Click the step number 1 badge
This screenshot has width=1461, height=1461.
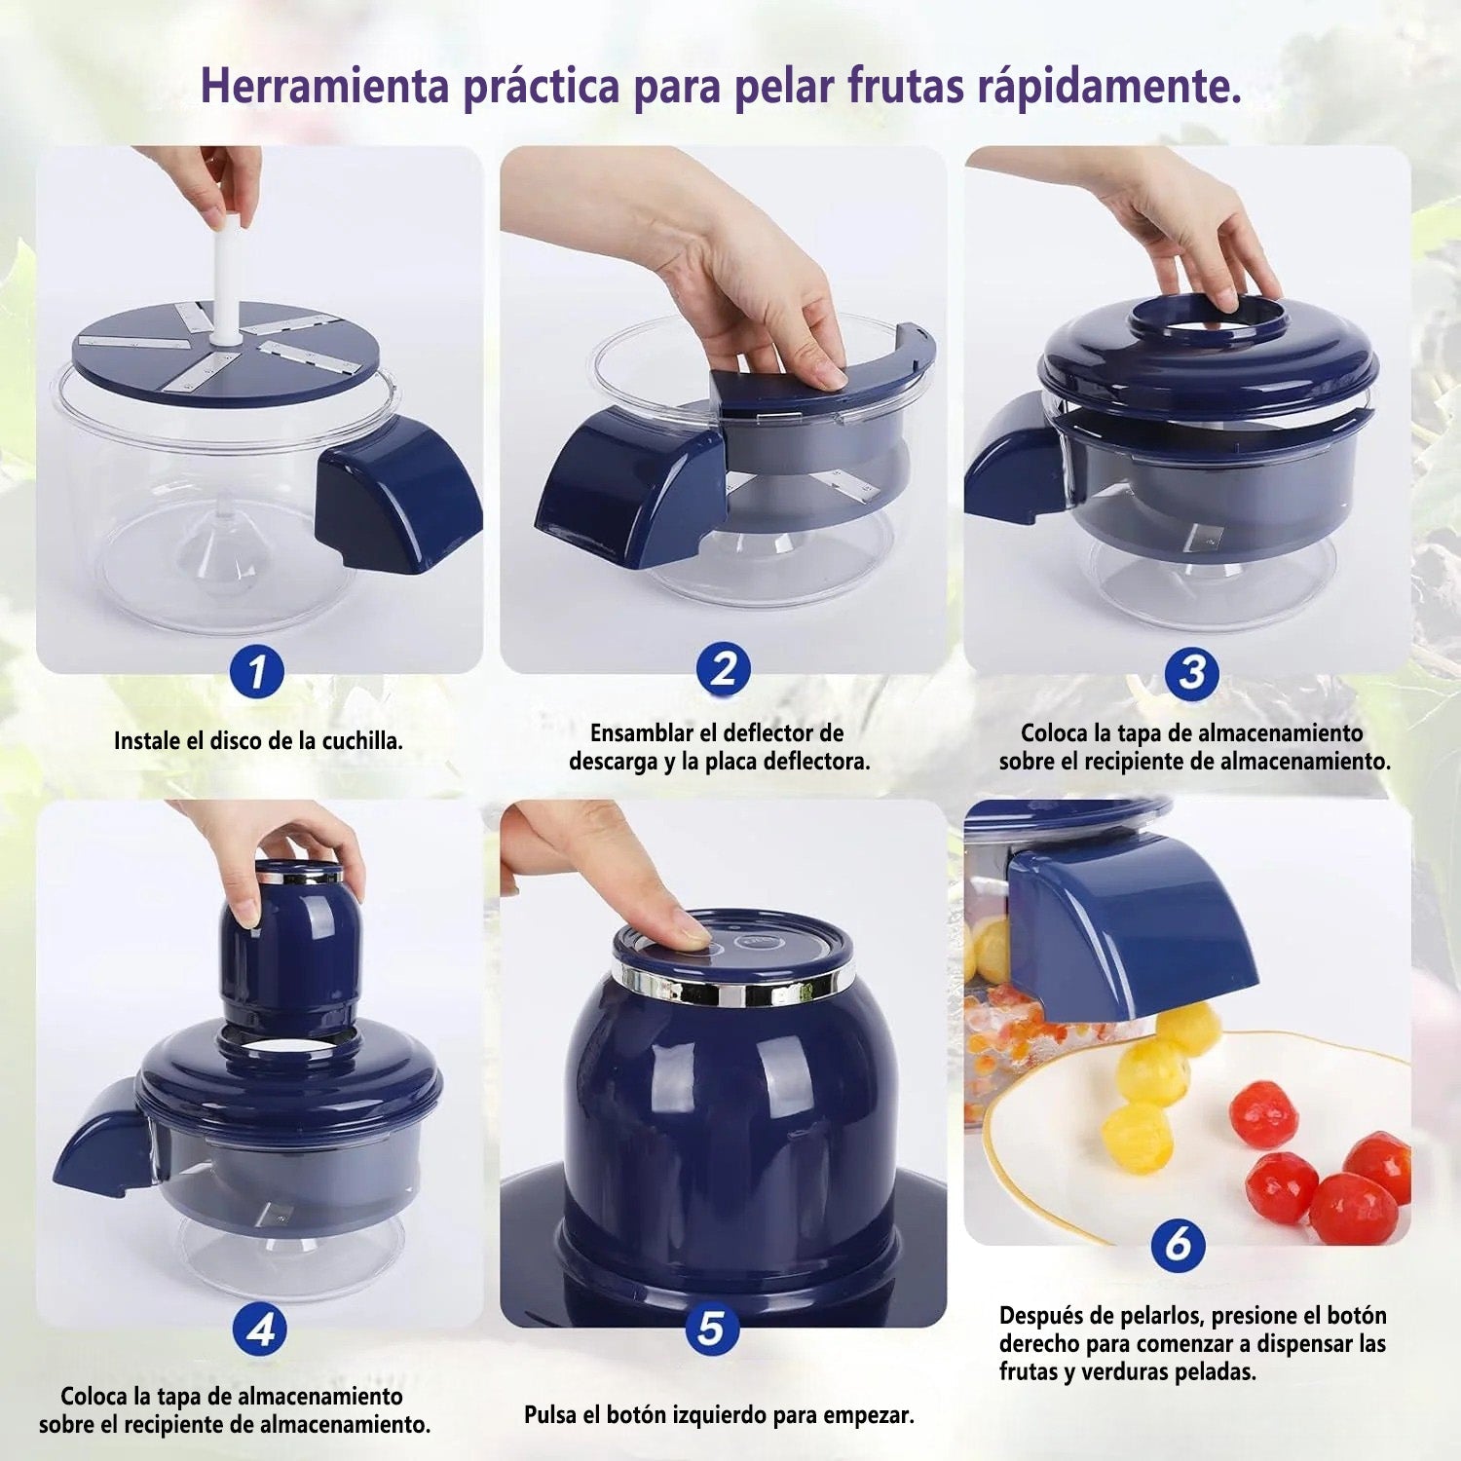tap(257, 672)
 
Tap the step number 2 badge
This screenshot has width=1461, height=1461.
tap(723, 670)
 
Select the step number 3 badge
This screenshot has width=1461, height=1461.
tap(1191, 673)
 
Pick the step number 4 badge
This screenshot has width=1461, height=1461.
tap(260, 1330)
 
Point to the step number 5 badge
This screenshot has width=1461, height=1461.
tap(711, 1329)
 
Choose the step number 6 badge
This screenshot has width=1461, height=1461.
tap(1178, 1244)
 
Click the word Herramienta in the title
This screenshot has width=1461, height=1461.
tap(325, 86)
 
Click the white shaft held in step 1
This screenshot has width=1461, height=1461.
tap(227, 278)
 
